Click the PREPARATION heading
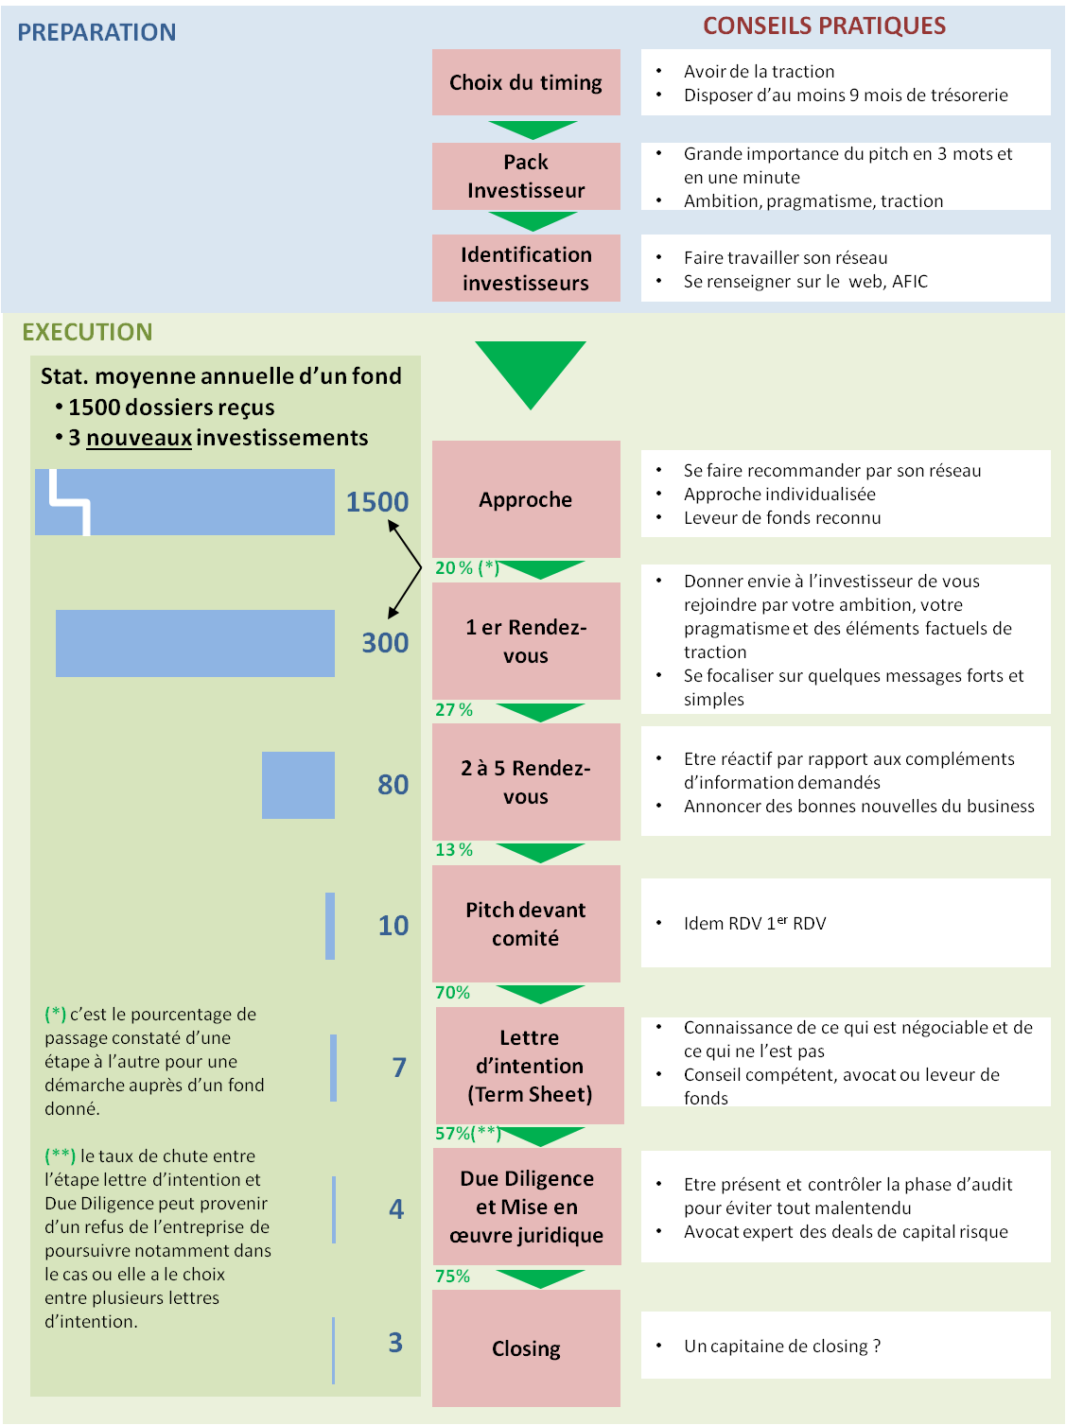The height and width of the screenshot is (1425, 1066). point(96,32)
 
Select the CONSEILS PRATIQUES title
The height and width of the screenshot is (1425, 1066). point(824,26)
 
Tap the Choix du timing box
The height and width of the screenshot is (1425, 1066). point(526,82)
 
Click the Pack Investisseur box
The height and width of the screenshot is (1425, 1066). point(526,176)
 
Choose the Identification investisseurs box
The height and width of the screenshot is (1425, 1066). point(526,269)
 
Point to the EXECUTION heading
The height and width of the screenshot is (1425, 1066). point(88,332)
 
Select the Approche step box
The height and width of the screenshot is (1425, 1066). point(526,499)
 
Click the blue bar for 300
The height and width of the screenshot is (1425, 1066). point(195,643)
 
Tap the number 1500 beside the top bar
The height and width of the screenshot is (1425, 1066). point(377,502)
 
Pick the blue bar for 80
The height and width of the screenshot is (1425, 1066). point(298,785)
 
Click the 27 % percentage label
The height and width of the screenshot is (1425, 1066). point(454,709)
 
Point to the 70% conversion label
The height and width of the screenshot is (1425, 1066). point(452,992)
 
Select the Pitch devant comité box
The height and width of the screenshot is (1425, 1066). point(526,924)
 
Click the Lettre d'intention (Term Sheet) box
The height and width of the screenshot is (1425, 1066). point(530,1066)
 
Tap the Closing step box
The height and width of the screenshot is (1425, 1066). point(526,1347)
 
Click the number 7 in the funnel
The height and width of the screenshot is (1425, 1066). point(399,1068)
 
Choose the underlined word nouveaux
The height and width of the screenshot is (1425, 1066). point(139,438)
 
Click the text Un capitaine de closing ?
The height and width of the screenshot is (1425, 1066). point(781,1347)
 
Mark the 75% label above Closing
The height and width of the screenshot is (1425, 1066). point(452,1277)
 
